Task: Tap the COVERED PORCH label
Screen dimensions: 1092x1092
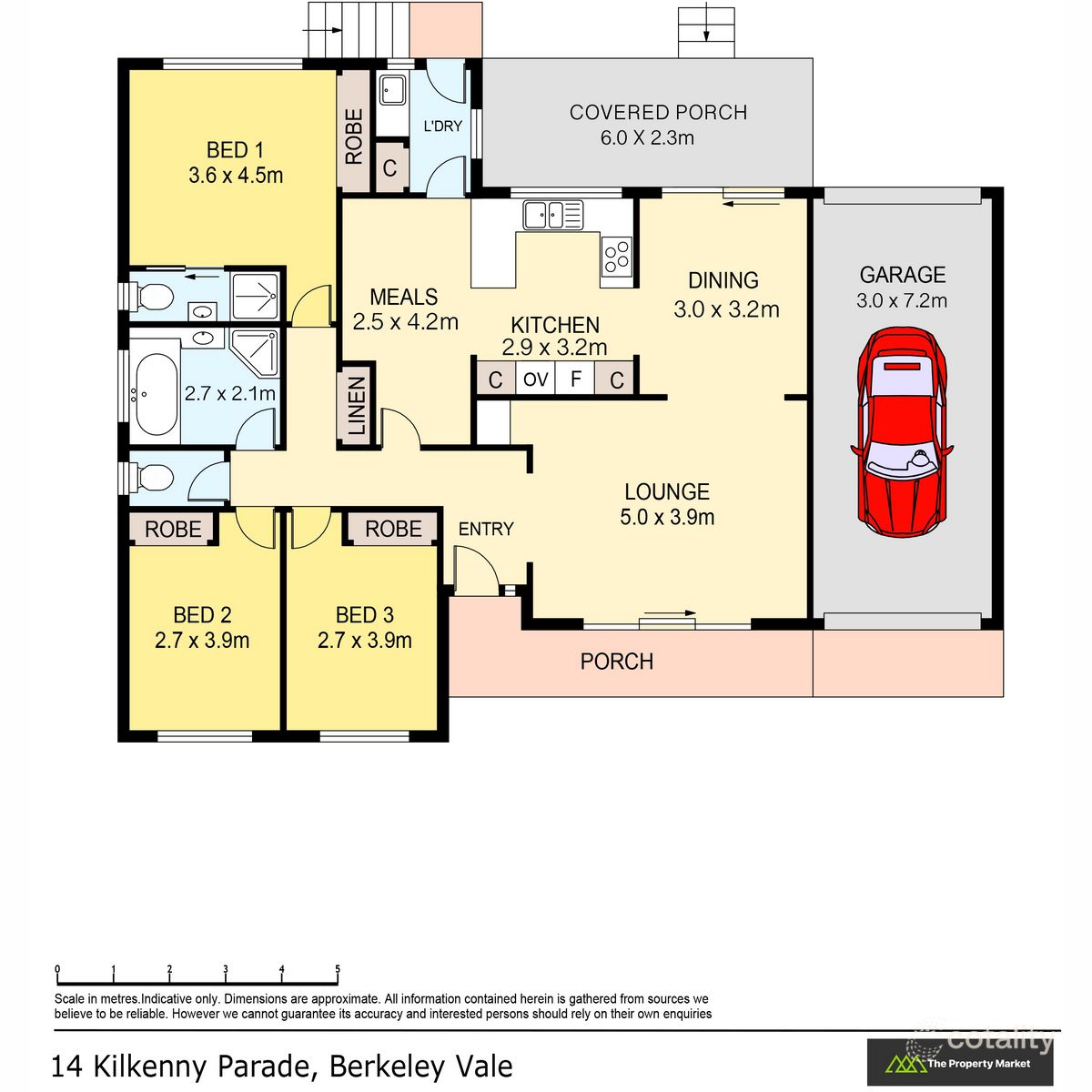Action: pyautogui.click(x=658, y=113)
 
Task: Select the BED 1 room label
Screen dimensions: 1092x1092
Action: pyautogui.click(x=235, y=150)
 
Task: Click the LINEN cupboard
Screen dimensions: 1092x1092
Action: pyautogui.click(x=357, y=407)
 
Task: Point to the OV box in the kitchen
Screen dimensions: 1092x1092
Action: pyautogui.click(x=536, y=379)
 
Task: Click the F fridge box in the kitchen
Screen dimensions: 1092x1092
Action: pyautogui.click(x=575, y=379)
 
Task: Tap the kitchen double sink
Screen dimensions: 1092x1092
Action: pyautogui.click(x=552, y=216)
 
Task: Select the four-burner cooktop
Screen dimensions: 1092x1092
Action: pyautogui.click(x=617, y=255)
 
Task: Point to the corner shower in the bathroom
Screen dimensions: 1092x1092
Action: pyautogui.click(x=255, y=351)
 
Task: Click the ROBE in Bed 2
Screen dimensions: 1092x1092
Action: pyautogui.click(x=173, y=529)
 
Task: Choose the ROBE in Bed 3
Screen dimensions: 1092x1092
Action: pyautogui.click(x=393, y=529)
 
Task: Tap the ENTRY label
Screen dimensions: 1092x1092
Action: pyautogui.click(x=486, y=529)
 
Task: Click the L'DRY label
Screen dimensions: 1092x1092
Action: pyautogui.click(x=443, y=126)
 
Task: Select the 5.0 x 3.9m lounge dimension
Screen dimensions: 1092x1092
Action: pyautogui.click(x=667, y=518)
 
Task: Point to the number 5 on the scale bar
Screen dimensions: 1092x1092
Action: pyautogui.click(x=338, y=969)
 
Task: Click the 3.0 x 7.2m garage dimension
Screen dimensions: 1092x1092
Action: pyautogui.click(x=902, y=301)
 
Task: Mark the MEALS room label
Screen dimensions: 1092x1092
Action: pyautogui.click(x=404, y=298)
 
